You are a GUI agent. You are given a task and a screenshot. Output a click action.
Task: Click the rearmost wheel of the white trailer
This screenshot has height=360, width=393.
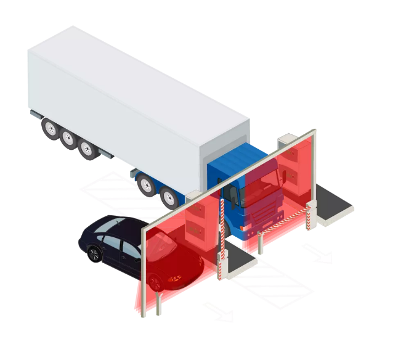pos(49,128)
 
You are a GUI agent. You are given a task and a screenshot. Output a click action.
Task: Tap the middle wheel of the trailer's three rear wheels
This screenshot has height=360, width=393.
pos(67,138)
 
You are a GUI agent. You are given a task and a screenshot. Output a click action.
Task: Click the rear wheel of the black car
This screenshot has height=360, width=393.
pos(94,253)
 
